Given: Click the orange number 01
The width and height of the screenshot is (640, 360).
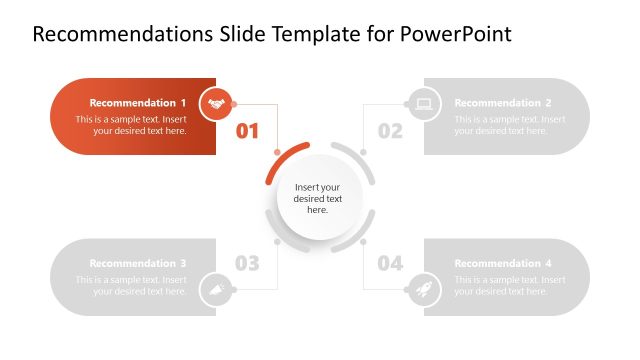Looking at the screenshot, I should (x=247, y=131).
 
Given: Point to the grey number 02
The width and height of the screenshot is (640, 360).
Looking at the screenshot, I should (x=390, y=131).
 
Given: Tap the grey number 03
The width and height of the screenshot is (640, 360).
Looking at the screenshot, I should (x=247, y=264).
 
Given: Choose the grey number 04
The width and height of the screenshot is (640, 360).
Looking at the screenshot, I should (x=390, y=264).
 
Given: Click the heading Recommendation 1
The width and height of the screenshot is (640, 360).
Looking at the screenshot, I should (x=138, y=103).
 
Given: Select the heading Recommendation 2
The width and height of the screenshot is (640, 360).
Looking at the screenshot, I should (x=503, y=103).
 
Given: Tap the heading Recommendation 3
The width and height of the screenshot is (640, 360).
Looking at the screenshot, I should (x=138, y=264).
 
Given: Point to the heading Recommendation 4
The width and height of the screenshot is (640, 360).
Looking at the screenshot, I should (x=503, y=264).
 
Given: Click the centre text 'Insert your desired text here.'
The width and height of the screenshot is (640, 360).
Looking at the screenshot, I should (x=317, y=198).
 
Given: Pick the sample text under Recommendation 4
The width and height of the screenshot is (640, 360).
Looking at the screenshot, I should (x=509, y=286).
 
